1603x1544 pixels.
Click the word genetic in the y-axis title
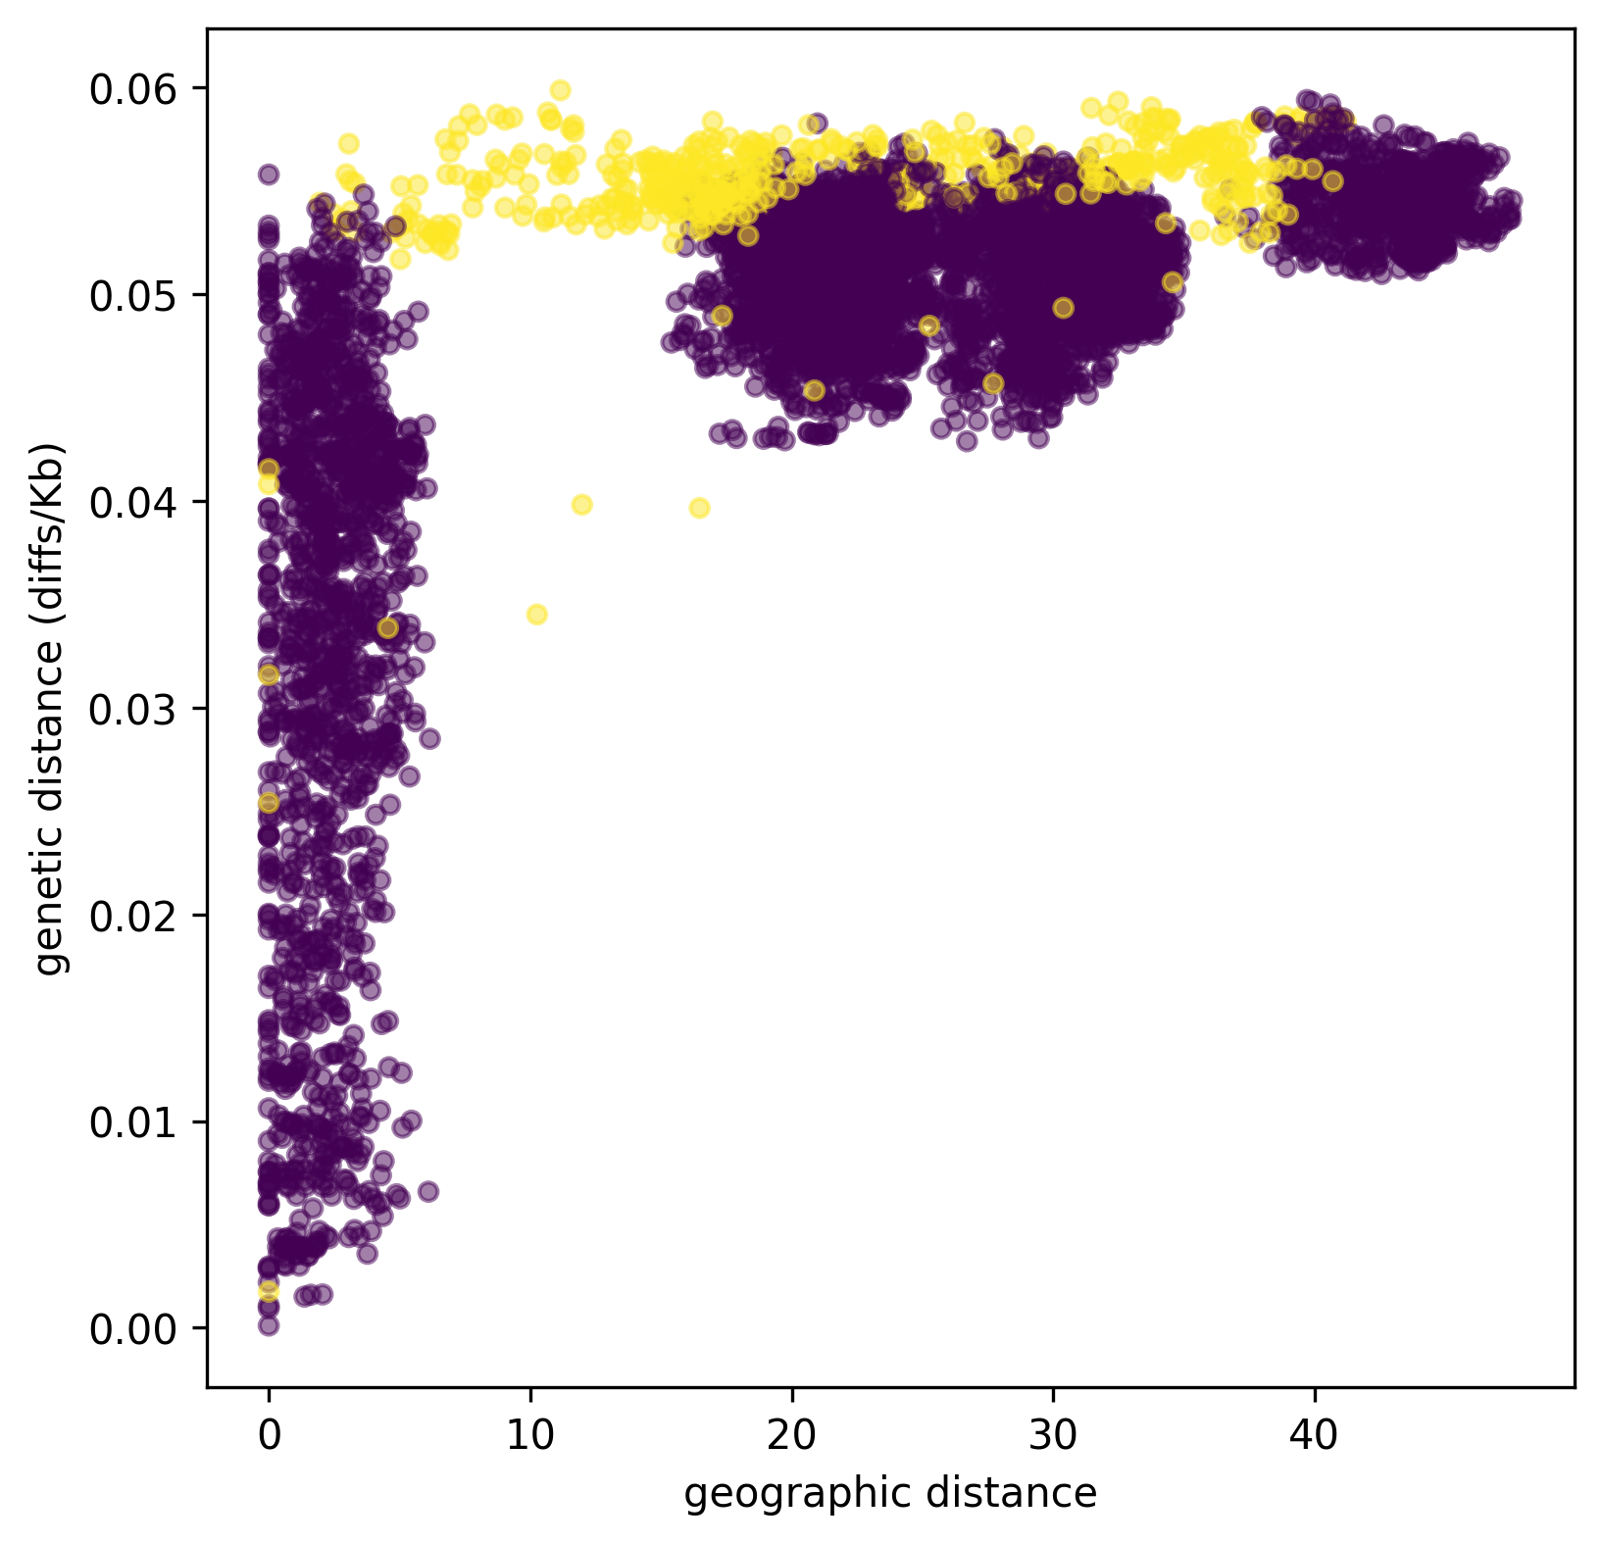pyautogui.click(x=49, y=915)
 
